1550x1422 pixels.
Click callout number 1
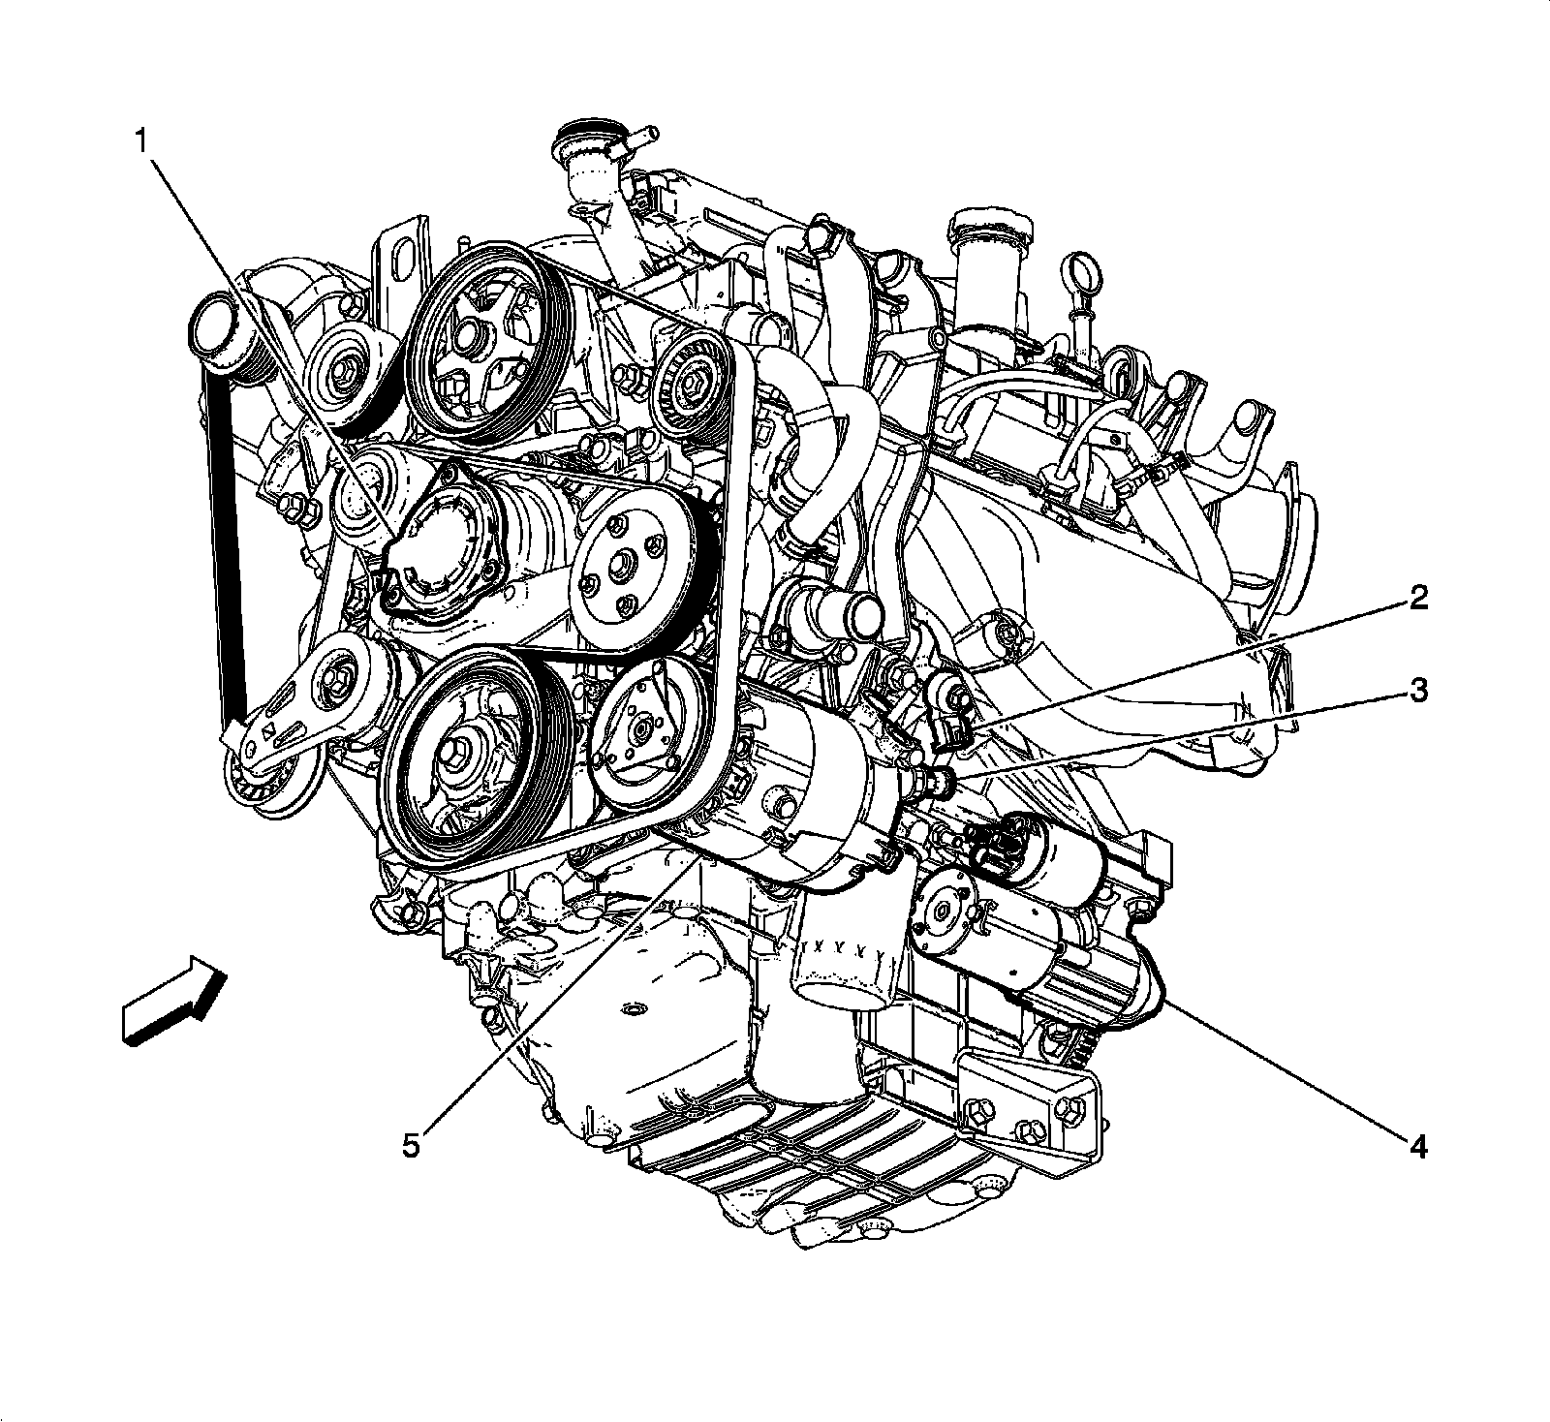pyautogui.click(x=141, y=142)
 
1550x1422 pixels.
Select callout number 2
pyautogui.click(x=1417, y=599)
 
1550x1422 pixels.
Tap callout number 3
pyautogui.click(x=1417, y=692)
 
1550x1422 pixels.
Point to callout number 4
pyautogui.click(x=1417, y=1148)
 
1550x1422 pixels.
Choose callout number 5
pyautogui.click(x=411, y=1146)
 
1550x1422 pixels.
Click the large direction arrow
pyautogui.click(x=174, y=1002)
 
